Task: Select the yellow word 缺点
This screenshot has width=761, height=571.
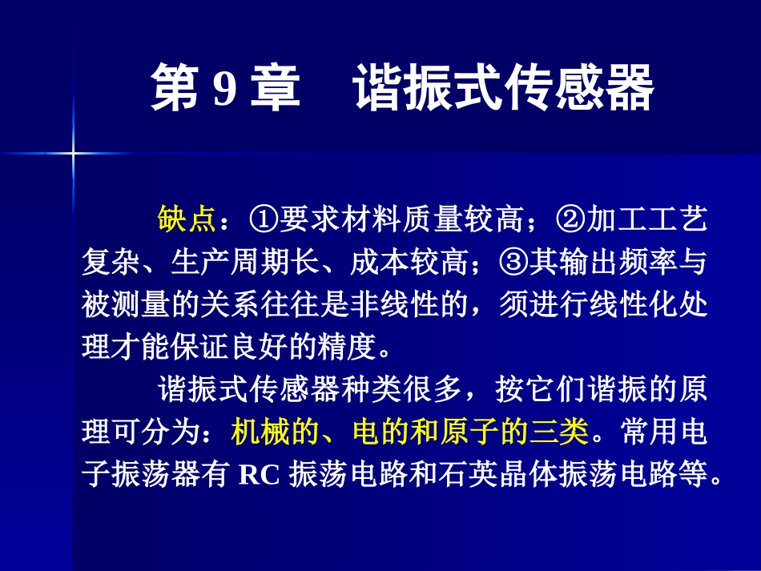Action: tap(187, 219)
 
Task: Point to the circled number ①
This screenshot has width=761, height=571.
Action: tap(264, 219)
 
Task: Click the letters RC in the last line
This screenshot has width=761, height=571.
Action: tap(259, 476)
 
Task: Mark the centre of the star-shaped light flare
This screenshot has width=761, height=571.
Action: tap(72, 151)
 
